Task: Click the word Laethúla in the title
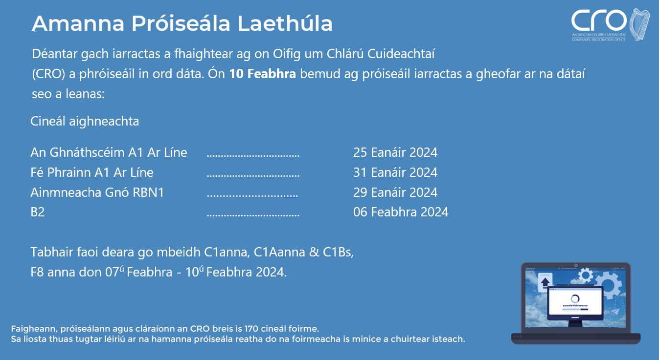[285, 23]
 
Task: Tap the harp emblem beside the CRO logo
[639, 24]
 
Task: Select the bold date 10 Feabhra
[262, 74]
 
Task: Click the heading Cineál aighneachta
[85, 121]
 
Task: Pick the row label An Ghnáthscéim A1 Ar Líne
[109, 152]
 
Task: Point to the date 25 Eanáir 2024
[395, 152]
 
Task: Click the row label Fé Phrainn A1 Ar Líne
[92, 172]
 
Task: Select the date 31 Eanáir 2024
[395, 172]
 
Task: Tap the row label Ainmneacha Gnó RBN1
[97, 192]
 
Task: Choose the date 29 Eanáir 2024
[395, 192]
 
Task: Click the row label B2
[37, 212]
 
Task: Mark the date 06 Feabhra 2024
[401, 212]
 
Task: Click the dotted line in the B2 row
[253, 216]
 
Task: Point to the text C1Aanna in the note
[279, 252]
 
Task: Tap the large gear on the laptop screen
[609, 285]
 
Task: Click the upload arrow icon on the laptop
[545, 283]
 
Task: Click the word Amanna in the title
[78, 23]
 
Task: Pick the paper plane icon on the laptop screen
[615, 311]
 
